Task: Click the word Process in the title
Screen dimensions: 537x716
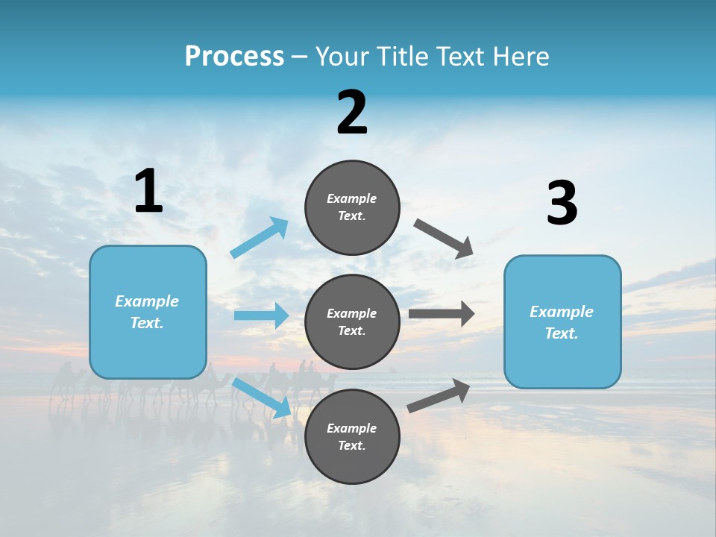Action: pyautogui.click(x=234, y=56)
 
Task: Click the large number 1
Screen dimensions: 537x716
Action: pyautogui.click(x=148, y=192)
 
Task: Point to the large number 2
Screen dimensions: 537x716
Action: pyautogui.click(x=352, y=113)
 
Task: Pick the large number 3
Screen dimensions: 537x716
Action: pyautogui.click(x=562, y=204)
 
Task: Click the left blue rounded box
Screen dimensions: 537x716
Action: pyautogui.click(x=148, y=312)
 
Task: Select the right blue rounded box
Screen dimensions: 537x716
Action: pyautogui.click(x=562, y=321)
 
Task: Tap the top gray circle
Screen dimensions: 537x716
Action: pyautogui.click(x=352, y=207)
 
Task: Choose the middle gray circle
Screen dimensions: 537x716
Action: pyautogui.click(x=352, y=321)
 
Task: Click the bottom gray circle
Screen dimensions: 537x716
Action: pyautogui.click(x=352, y=436)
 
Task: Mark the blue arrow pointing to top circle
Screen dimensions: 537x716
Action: pyautogui.click(x=260, y=238)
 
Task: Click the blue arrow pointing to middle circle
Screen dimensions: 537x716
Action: pyautogui.click(x=261, y=315)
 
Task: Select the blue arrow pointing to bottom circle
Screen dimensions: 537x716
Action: pyautogui.click(x=262, y=398)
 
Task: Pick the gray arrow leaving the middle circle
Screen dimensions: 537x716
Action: pyautogui.click(x=442, y=314)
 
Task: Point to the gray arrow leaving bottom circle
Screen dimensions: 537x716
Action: pyautogui.click(x=439, y=395)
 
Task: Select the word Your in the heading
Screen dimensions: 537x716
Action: pyautogui.click(x=342, y=56)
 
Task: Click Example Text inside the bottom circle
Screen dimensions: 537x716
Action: pyautogui.click(x=352, y=436)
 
